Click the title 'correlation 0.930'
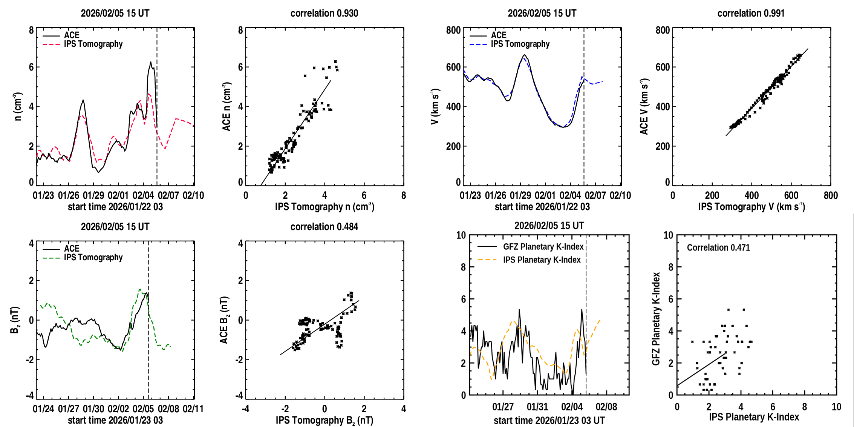click(x=324, y=13)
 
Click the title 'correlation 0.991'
click(x=751, y=13)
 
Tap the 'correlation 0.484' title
click(x=324, y=227)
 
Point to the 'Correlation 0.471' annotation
click(x=718, y=247)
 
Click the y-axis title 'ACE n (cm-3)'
click(x=227, y=107)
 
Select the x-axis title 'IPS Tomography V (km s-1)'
click(x=751, y=207)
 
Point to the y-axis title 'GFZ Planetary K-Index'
click(x=656, y=319)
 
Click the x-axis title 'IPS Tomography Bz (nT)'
click(x=324, y=420)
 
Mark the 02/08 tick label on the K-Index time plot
click(x=606, y=407)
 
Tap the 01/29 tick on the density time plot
click(x=93, y=195)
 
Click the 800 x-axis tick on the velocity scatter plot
click(x=831, y=195)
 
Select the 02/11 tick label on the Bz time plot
click(x=193, y=409)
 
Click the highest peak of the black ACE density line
click(x=150, y=62)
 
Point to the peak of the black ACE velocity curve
click(x=524, y=55)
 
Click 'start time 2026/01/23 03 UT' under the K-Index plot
click(x=549, y=420)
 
